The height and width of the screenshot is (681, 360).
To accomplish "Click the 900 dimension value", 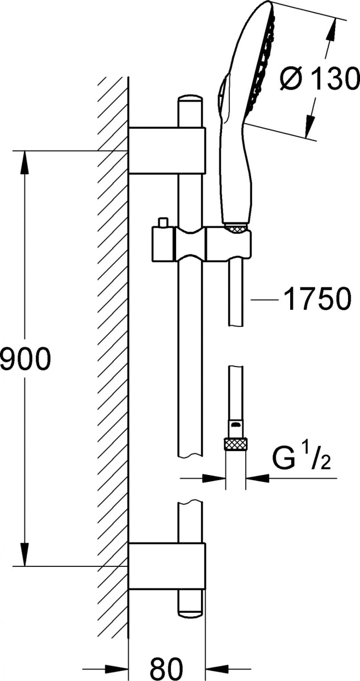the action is click(24, 359).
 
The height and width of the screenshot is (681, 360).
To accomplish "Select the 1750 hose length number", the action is click(317, 300).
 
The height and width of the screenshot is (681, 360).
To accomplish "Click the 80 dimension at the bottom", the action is click(166, 668).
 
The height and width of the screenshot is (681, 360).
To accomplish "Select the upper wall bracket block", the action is click(167, 150).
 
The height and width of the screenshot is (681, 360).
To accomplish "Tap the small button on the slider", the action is click(164, 222).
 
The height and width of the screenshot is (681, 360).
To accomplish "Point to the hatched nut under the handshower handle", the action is click(237, 228).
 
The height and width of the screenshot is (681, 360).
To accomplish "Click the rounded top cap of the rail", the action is click(190, 100).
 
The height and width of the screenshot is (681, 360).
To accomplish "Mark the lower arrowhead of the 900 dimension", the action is click(24, 554).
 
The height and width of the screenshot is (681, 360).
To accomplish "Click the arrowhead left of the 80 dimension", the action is click(116, 669).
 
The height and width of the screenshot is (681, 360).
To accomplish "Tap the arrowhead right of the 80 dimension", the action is click(218, 669).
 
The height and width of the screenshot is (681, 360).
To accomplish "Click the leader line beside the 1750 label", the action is click(264, 300).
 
